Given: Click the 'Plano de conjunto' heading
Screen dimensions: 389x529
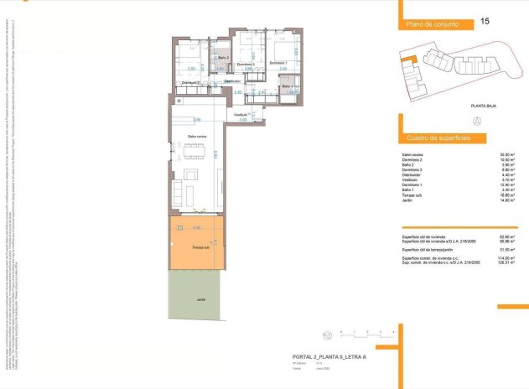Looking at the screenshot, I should click(x=432, y=25).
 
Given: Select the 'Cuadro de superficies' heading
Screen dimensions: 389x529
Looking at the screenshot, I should click(x=437, y=137).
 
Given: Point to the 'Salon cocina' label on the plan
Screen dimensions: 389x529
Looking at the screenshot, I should click(x=198, y=136).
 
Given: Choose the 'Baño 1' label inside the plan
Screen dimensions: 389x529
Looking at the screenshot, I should click(x=287, y=87).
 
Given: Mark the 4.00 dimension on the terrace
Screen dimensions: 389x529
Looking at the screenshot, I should click(x=196, y=227).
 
